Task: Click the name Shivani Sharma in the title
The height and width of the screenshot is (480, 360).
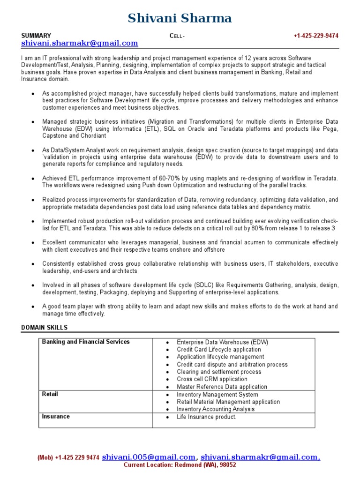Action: (180, 18)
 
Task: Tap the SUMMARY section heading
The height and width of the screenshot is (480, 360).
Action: (36, 36)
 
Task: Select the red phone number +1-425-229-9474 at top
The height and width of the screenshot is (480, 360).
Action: (316, 36)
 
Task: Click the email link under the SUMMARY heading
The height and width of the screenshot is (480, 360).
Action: (80, 44)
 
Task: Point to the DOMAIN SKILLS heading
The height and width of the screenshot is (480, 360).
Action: (45, 327)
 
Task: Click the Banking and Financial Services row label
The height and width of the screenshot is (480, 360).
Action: (86, 342)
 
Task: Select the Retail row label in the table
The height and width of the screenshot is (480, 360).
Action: (50, 394)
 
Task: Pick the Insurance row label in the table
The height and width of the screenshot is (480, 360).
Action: (56, 417)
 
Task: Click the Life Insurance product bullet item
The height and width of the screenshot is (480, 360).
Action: (206, 417)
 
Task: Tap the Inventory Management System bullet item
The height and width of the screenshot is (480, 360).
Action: (217, 395)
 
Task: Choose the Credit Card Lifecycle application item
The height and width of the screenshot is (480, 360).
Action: (219, 350)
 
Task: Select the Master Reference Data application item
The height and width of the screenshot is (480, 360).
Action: (222, 387)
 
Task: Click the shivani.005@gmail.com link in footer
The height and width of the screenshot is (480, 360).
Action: (149, 457)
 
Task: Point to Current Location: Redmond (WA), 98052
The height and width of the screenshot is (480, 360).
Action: (180, 465)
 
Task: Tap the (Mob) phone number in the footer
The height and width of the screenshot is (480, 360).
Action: (68, 458)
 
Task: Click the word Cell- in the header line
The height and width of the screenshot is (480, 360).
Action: (177, 36)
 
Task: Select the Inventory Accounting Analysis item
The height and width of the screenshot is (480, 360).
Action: (216, 409)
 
